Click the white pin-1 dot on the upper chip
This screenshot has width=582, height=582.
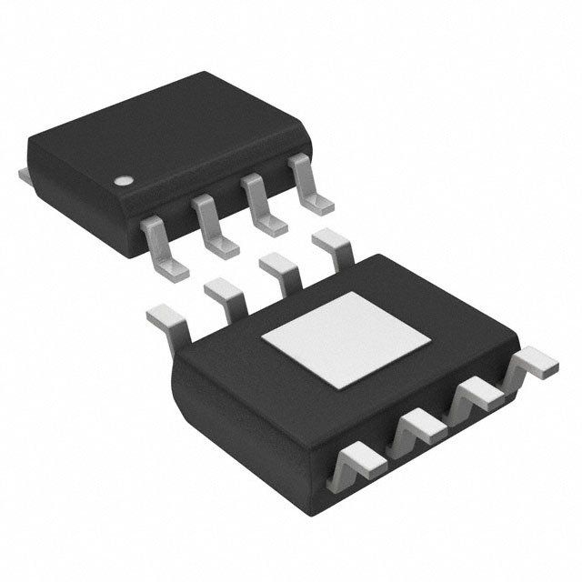(122, 178)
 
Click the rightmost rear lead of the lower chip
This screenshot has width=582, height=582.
(333, 246)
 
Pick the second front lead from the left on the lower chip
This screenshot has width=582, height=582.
(417, 427)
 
